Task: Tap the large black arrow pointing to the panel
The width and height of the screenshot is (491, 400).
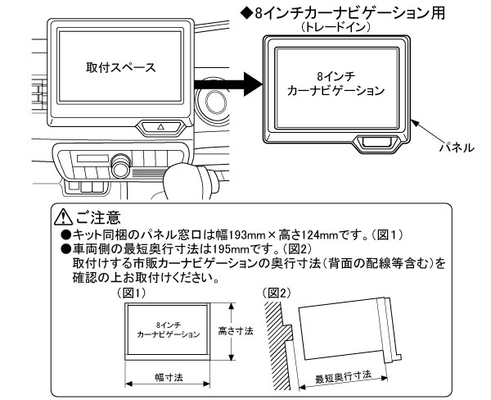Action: pyautogui.click(x=227, y=81)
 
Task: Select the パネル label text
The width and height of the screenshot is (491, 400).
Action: pyautogui.click(x=458, y=148)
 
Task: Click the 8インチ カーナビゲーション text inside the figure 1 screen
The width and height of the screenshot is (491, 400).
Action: pyautogui.click(x=167, y=330)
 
